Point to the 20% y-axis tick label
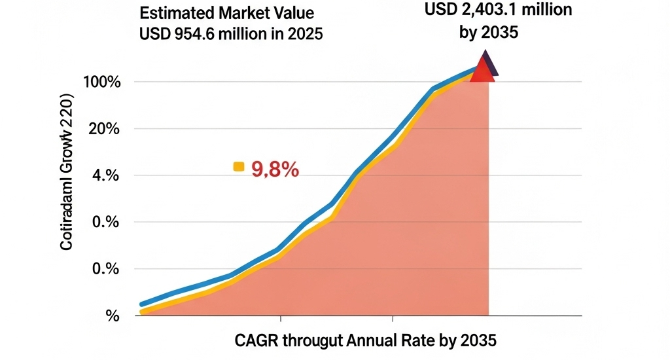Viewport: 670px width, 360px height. pos(104,129)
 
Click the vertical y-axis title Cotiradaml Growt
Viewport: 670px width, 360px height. pos(67,171)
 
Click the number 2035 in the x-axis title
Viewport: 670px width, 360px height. pos(479,340)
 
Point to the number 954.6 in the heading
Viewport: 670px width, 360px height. pos(190,33)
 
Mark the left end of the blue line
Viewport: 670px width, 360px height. pos(143,304)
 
